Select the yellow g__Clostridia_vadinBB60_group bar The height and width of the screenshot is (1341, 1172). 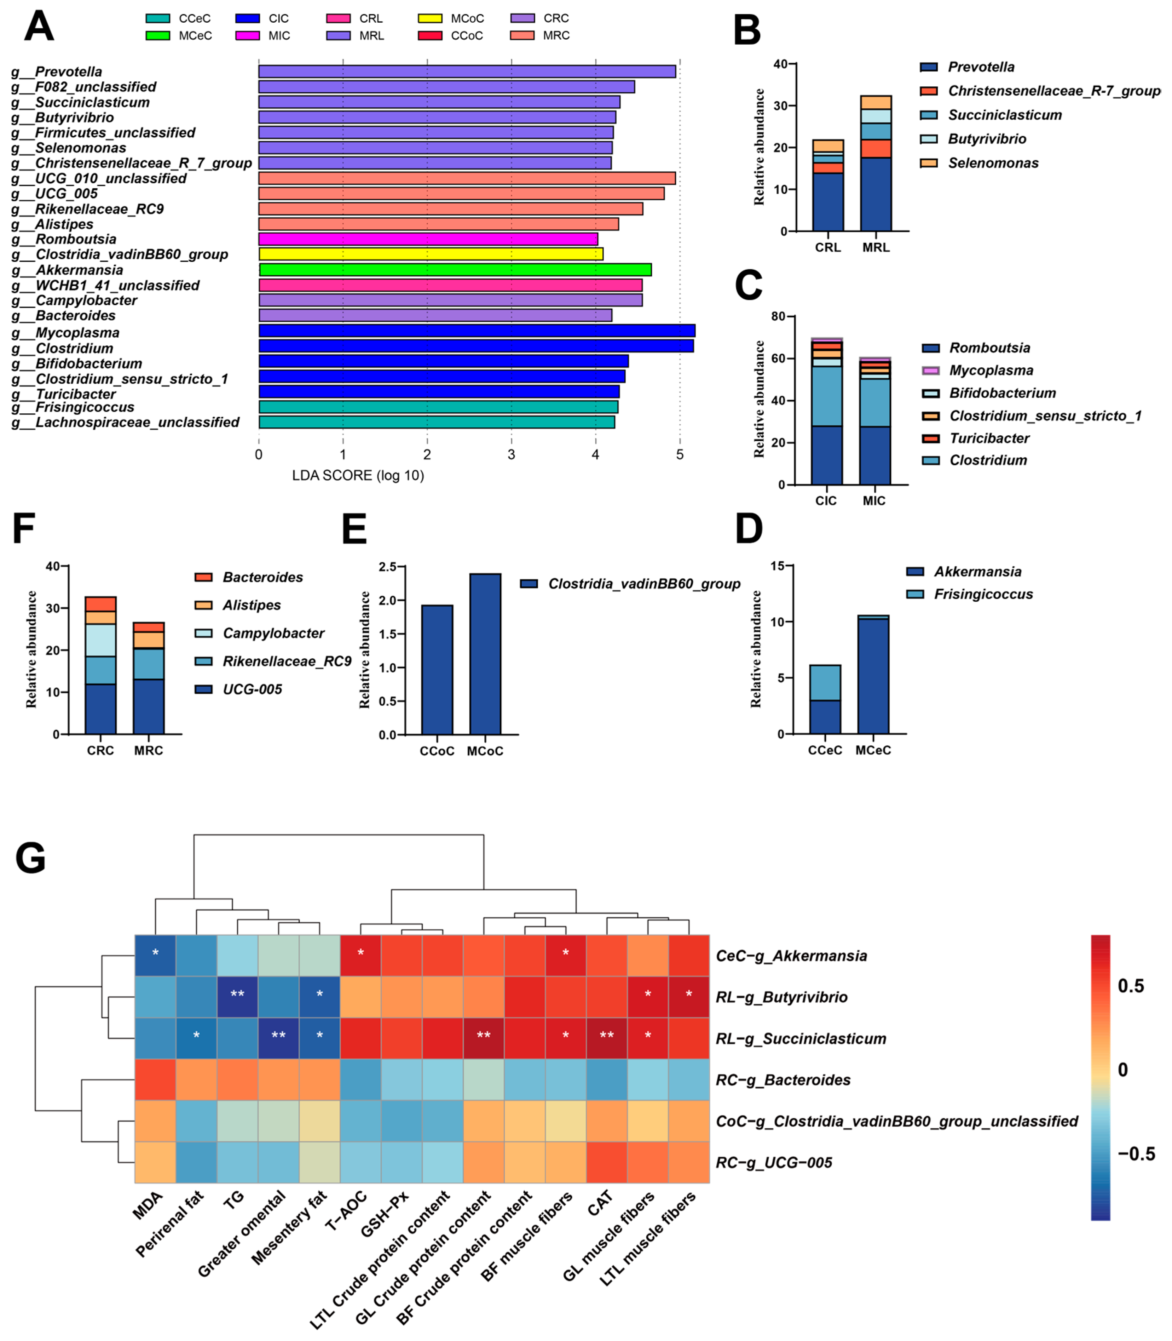430,254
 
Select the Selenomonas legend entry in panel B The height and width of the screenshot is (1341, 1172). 992,163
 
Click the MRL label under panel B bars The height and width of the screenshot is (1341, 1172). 876,247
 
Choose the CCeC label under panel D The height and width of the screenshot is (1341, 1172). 825,750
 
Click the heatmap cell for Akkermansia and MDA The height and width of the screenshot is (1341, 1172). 156,956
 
